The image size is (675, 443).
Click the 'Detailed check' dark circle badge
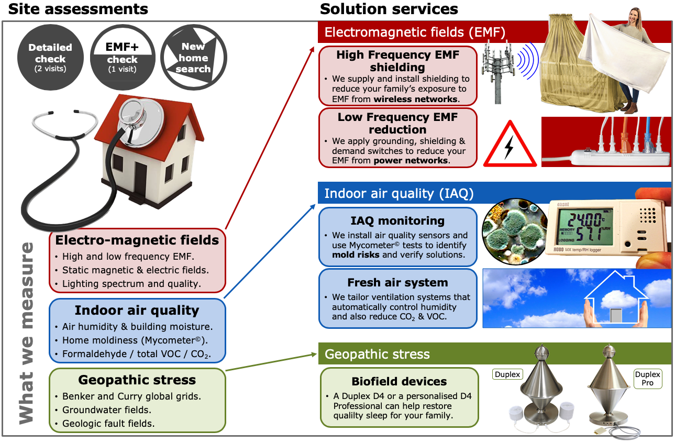coord(50,57)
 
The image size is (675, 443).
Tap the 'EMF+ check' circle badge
coord(123,57)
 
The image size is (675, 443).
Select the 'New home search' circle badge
coord(194,57)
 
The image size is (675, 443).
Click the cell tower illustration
coord(497,73)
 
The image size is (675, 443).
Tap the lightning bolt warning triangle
coord(510,144)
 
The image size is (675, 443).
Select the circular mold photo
coord(515,231)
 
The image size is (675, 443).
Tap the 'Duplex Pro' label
coord(648,379)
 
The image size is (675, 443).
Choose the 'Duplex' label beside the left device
coord(507,374)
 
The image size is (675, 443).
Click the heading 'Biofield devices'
coord(399,382)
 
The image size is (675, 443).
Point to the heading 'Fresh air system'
coord(397,283)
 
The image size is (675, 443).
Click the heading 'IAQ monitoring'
coord(397,221)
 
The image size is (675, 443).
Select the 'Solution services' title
coord(389,9)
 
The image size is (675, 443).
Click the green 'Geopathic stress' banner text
coord(377,355)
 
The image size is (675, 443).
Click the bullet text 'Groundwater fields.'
coord(107,410)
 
